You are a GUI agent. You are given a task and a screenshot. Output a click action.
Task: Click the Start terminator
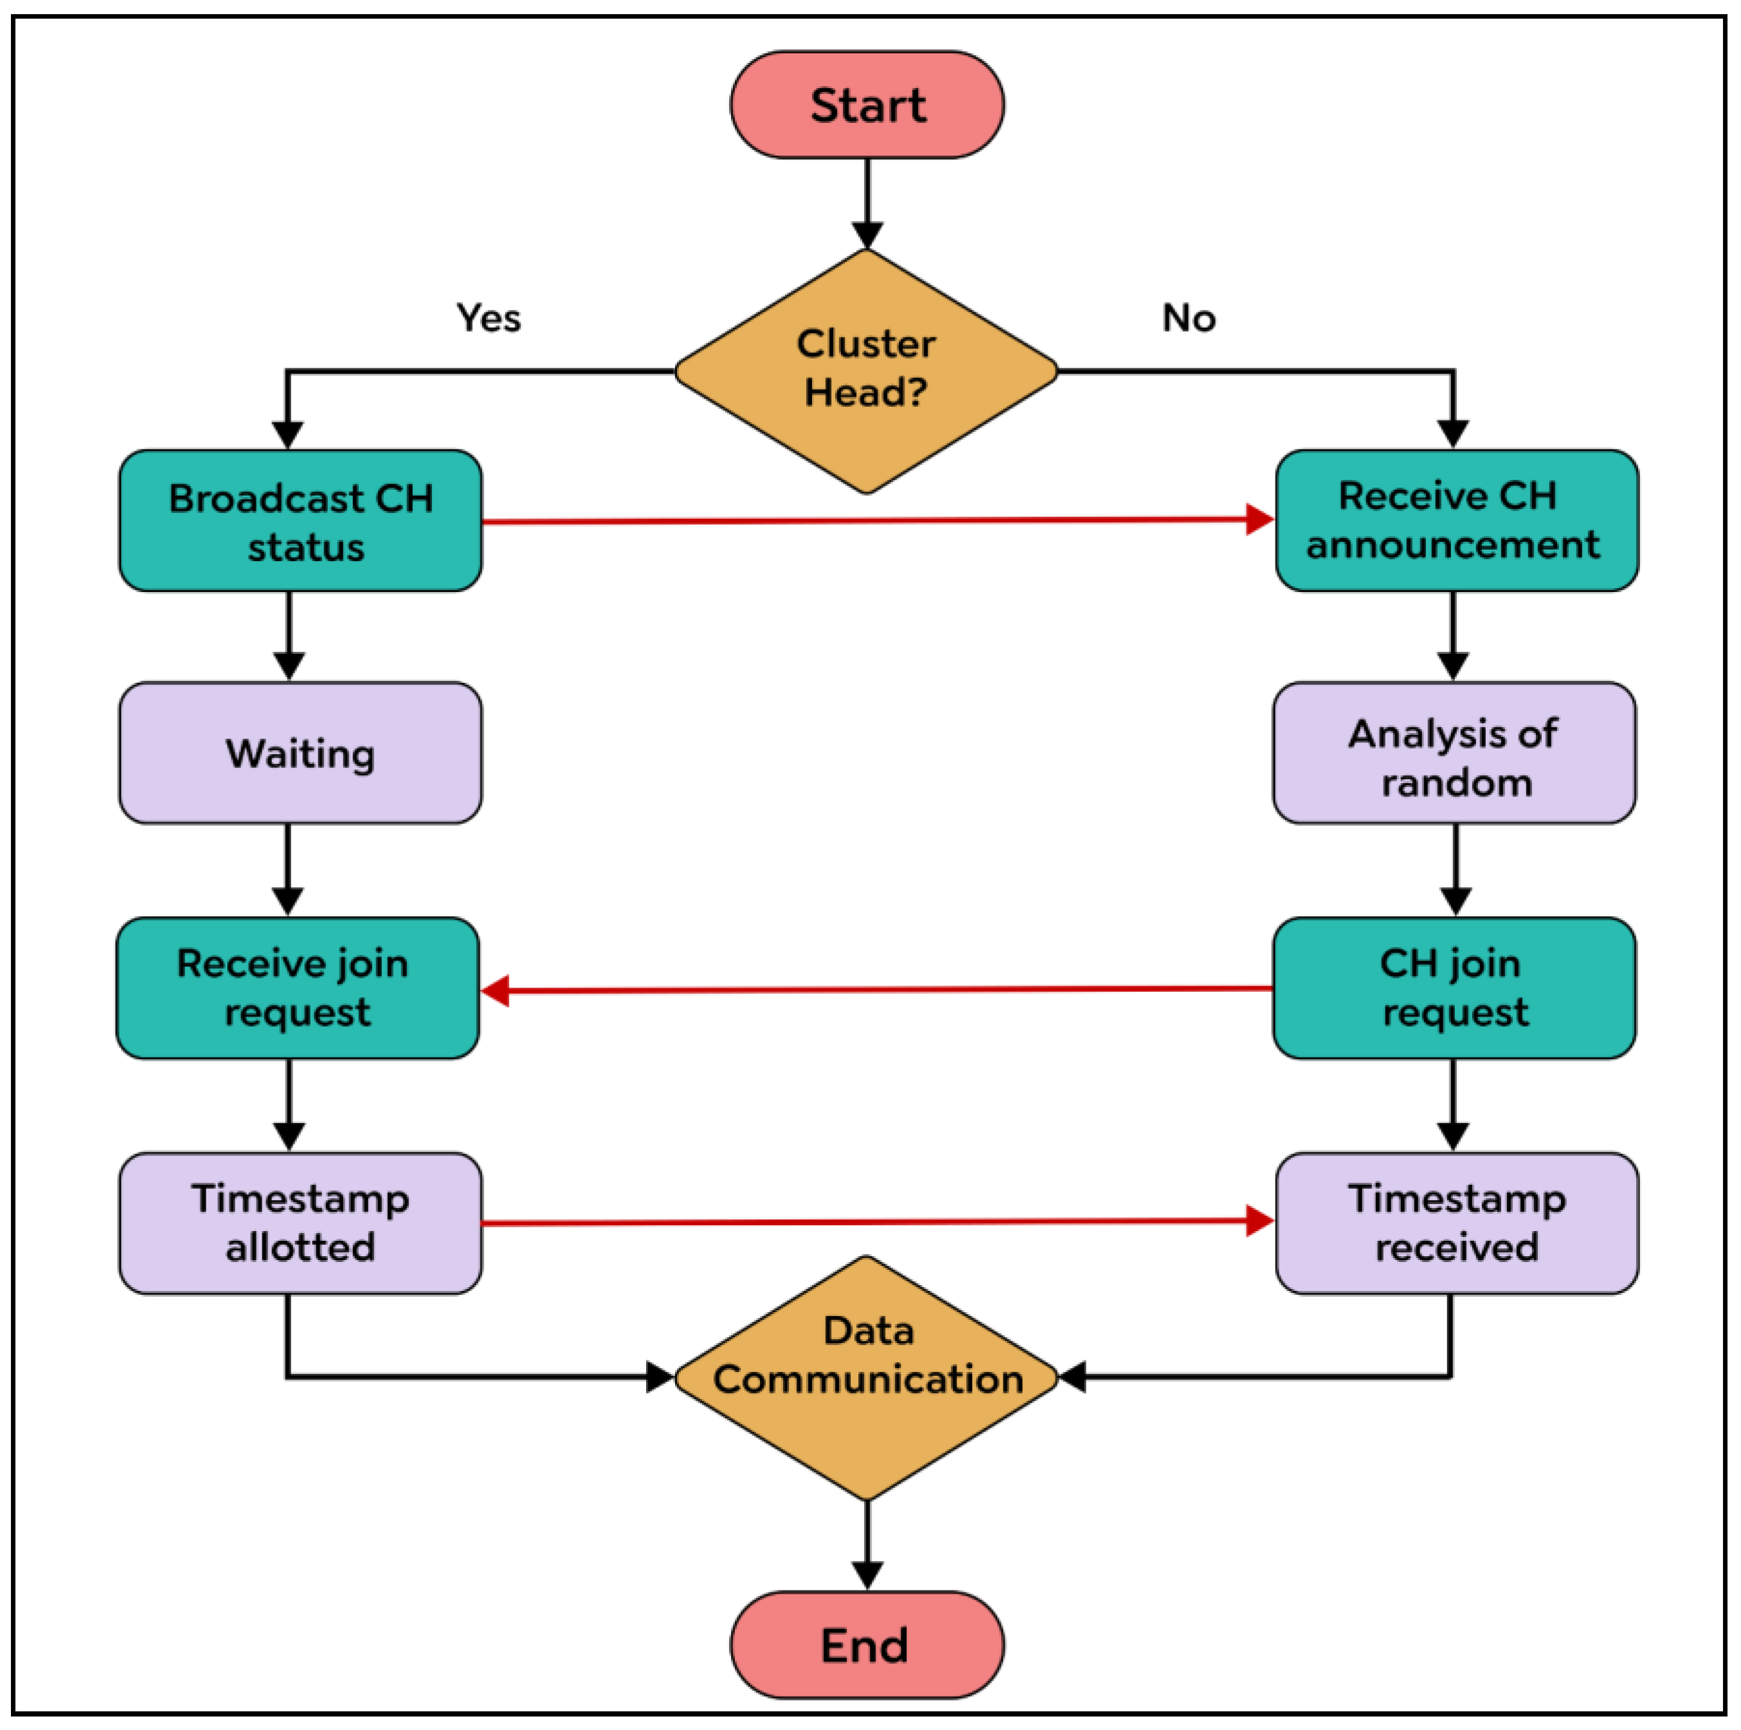tap(866, 105)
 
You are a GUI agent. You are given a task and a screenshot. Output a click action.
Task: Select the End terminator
tap(866, 1644)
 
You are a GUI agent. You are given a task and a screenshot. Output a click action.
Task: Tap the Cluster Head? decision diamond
tap(866, 370)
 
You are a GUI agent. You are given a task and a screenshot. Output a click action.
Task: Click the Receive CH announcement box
tap(1456, 521)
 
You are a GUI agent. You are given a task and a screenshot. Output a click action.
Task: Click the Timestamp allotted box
tap(300, 1223)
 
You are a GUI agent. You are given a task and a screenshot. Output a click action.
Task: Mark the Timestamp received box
tap(1456, 1223)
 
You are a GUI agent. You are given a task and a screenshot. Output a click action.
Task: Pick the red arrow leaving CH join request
tap(874, 990)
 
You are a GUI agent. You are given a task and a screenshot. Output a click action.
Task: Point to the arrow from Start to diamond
tap(867, 203)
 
